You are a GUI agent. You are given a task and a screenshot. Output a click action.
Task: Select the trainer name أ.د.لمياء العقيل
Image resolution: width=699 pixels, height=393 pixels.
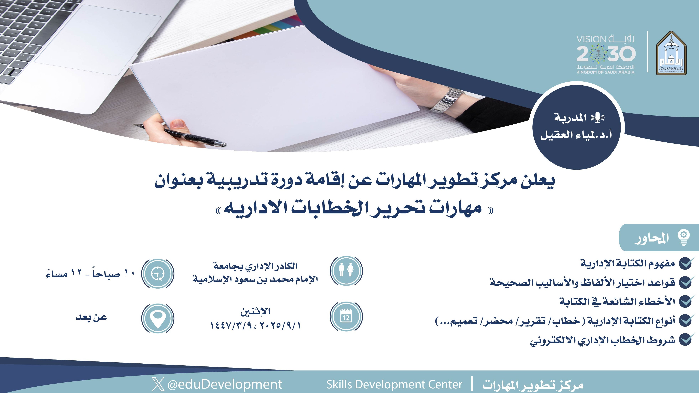click(x=576, y=135)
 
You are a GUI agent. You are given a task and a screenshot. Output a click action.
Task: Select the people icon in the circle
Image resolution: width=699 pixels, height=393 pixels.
click(x=346, y=271)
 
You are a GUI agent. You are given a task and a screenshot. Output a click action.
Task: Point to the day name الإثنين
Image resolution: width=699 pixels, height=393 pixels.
click(x=255, y=311)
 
